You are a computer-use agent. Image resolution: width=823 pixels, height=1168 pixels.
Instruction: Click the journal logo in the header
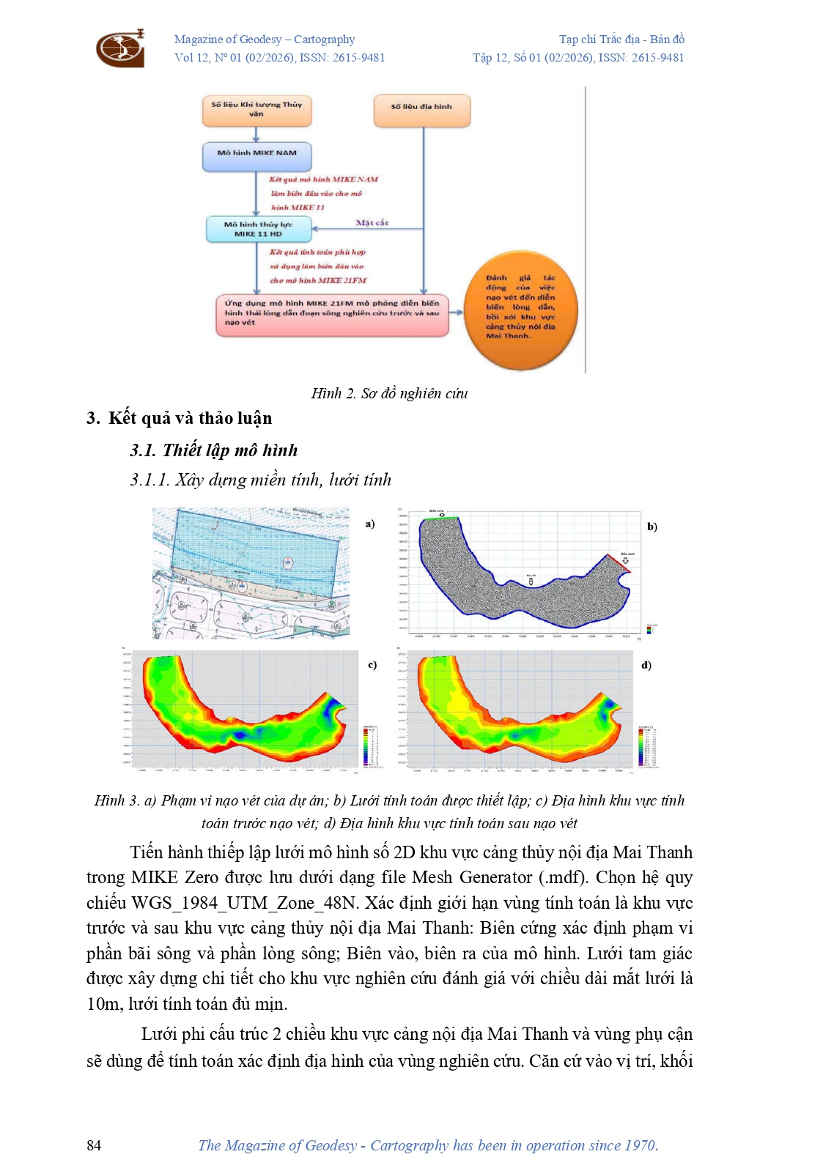(120, 48)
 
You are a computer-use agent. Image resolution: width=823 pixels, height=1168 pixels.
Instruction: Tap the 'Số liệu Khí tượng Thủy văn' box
(257, 111)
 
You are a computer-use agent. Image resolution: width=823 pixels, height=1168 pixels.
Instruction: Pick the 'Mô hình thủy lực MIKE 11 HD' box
(258, 229)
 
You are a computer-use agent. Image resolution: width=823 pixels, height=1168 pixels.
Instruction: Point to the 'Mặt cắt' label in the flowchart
(372, 223)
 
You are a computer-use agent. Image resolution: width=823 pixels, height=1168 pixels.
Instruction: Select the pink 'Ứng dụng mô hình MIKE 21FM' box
(332, 315)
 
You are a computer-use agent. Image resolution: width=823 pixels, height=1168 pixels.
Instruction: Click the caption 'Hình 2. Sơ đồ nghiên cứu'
(389, 394)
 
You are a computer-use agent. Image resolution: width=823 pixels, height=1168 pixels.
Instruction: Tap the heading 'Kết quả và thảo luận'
(190, 418)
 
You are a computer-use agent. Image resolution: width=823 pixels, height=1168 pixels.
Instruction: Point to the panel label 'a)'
(370, 524)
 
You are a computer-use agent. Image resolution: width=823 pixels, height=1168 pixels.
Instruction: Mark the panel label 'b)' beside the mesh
(652, 527)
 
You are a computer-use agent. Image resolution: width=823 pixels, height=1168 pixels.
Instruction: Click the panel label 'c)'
(372, 665)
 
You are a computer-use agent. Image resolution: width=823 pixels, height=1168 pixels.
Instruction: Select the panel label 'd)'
(646, 666)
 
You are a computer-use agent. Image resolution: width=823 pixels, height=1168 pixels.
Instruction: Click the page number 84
(94, 1145)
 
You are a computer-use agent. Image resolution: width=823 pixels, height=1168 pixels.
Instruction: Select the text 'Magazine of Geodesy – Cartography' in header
(265, 40)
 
